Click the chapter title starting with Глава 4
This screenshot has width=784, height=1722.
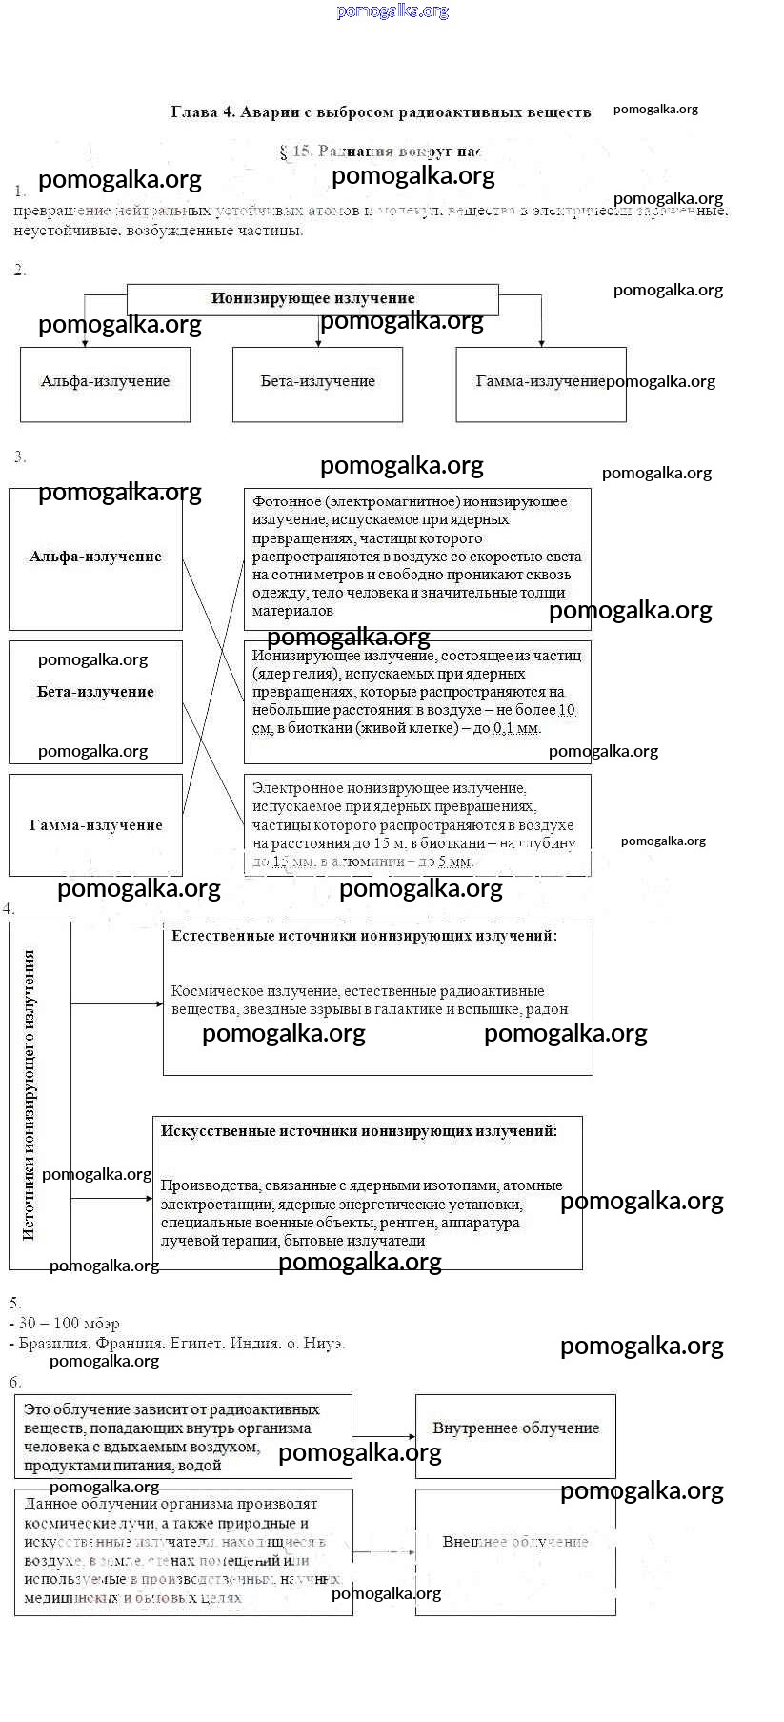point(380,112)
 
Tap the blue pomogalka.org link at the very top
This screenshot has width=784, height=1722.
point(392,11)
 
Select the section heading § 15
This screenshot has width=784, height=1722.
point(381,152)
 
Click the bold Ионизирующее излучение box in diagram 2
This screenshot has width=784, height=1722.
point(312,298)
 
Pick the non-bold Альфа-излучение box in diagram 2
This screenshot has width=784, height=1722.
point(105,382)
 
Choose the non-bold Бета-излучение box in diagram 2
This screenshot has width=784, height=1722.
point(317,382)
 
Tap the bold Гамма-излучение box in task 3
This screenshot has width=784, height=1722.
point(95,825)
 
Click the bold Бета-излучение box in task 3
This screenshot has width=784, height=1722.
point(95,692)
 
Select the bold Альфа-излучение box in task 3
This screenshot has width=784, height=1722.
point(95,557)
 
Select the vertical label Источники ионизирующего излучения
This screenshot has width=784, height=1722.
point(30,1094)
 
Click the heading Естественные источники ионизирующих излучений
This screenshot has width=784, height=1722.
point(364,936)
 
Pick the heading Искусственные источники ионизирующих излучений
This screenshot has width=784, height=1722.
point(359,1131)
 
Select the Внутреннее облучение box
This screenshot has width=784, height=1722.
point(515,1428)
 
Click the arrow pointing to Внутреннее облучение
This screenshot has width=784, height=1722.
point(385,1436)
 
